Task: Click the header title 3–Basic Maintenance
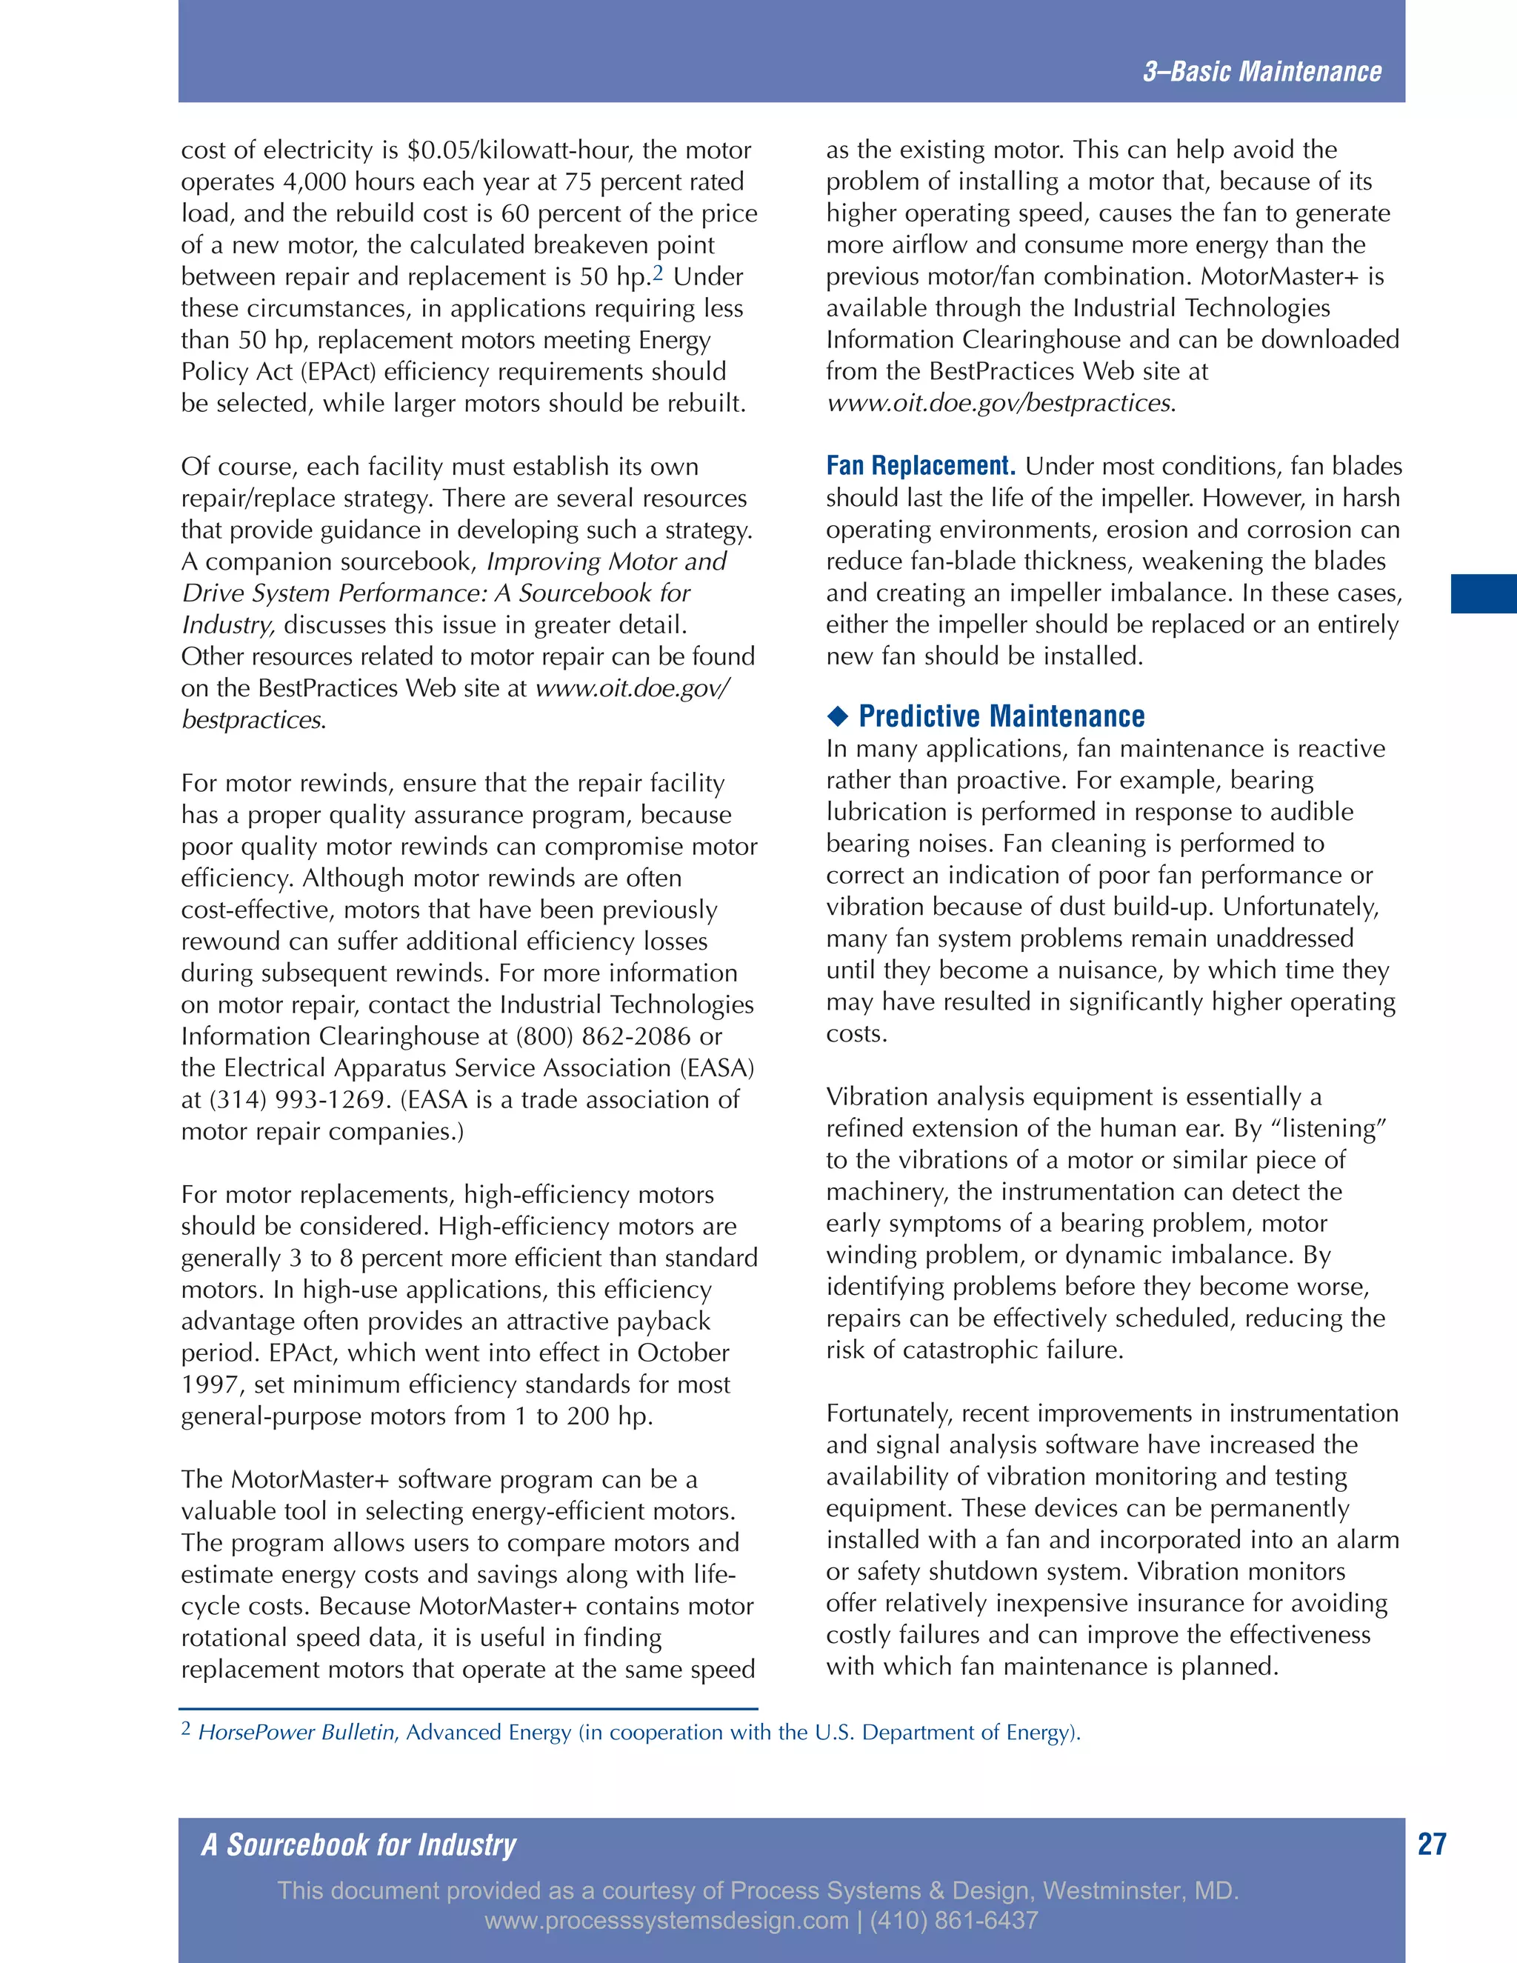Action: point(1261,72)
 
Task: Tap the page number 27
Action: point(1431,1844)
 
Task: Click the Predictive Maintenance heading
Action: point(1001,716)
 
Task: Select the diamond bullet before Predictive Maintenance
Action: point(838,716)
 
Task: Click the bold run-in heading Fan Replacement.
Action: point(920,466)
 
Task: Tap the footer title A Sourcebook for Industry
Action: point(359,1844)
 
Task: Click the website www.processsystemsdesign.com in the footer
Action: point(666,1921)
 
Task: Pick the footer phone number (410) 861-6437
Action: point(953,1921)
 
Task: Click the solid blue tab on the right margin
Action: point(1483,594)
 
